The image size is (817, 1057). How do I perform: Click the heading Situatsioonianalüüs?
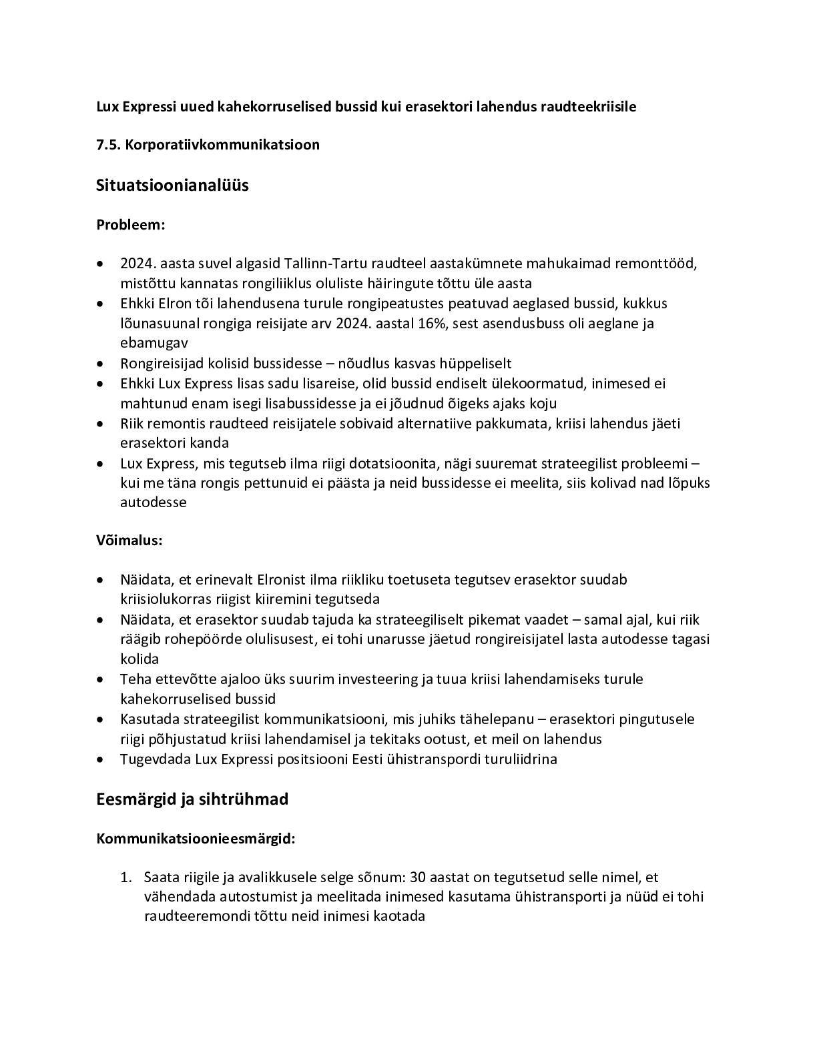click(172, 185)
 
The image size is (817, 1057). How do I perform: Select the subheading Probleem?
click(130, 224)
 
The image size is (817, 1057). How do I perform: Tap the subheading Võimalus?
click(129, 540)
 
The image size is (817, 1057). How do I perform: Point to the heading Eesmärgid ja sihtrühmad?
click(192, 799)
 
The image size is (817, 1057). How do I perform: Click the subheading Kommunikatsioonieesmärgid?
click(196, 839)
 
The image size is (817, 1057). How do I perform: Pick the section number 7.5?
click(109, 144)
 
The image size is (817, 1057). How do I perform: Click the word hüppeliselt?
click(477, 364)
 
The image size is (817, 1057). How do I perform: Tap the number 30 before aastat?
click(419, 877)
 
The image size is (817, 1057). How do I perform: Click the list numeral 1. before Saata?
click(125, 877)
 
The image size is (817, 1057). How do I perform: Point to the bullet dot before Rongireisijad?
click(100, 364)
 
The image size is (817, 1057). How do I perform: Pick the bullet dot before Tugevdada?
click(100, 759)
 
